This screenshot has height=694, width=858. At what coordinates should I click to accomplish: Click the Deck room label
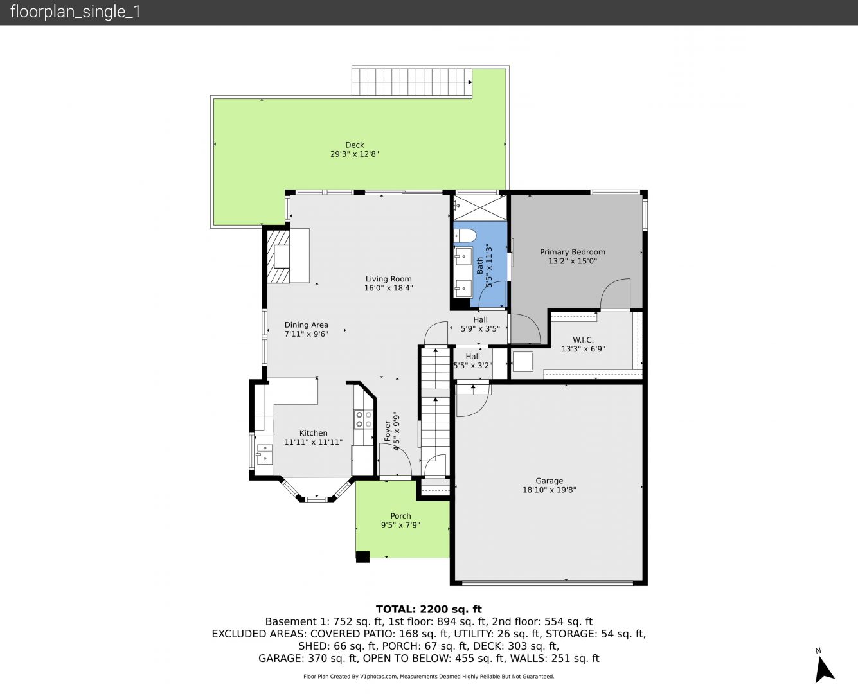click(x=355, y=145)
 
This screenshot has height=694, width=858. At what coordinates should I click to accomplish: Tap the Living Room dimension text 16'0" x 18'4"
click(x=388, y=288)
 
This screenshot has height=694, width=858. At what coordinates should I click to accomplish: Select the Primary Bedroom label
click(x=573, y=252)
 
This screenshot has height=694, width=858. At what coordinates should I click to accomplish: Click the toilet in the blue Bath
click(x=465, y=235)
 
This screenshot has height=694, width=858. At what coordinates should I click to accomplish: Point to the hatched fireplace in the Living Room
click(x=278, y=256)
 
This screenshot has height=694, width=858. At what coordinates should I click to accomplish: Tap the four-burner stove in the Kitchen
click(x=363, y=419)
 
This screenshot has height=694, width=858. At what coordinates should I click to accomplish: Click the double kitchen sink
click(x=265, y=454)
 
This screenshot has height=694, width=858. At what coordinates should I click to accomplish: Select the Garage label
click(x=549, y=481)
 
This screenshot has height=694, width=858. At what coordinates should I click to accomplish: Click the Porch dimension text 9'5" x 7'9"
click(x=400, y=525)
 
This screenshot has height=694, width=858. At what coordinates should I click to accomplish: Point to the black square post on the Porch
click(x=362, y=556)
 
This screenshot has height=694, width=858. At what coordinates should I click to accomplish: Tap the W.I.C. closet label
click(x=583, y=340)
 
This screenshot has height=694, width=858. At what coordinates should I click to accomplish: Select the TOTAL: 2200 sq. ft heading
click(x=429, y=609)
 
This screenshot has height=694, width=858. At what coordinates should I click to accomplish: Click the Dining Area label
click(x=306, y=325)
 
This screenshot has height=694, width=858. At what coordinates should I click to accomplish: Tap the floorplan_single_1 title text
click(x=75, y=12)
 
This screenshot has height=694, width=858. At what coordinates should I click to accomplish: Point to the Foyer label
click(x=388, y=431)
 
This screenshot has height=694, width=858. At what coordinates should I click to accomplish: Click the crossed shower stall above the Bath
click(x=480, y=208)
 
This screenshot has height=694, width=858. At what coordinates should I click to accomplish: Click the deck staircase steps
click(x=412, y=82)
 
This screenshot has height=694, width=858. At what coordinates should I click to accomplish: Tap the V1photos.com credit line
click(x=429, y=677)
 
